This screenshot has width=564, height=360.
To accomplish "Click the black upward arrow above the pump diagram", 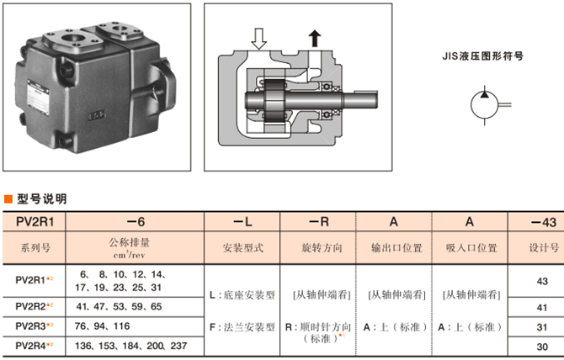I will click(316, 38).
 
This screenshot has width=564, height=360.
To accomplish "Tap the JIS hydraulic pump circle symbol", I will click(484, 104).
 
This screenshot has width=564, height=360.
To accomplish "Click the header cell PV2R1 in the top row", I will click(35, 221).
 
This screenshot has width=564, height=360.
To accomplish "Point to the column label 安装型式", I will click(243, 248).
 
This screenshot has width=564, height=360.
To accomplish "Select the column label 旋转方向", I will click(318, 248).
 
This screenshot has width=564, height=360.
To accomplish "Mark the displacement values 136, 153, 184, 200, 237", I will click(132, 346).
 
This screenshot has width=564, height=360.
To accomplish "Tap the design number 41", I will click(542, 308).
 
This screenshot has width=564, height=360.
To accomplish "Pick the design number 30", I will click(542, 346).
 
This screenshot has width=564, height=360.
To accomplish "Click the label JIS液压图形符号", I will click(483, 58).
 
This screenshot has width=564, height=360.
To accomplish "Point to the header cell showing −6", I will click(136, 221).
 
